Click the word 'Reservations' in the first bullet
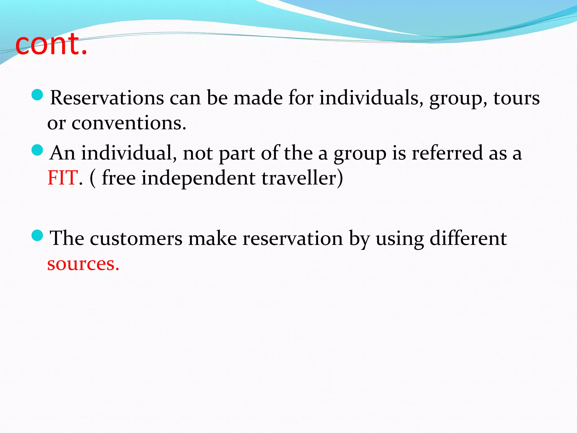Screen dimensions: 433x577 (107, 98)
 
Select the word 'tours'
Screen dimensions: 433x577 (516, 98)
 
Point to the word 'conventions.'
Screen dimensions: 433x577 (129, 123)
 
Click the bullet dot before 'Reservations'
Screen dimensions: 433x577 (37, 95)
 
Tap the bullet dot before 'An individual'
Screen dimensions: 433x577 (37, 150)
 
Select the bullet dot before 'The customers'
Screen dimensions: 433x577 (37, 235)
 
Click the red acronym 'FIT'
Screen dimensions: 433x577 (63, 178)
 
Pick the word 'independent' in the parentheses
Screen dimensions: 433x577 (198, 178)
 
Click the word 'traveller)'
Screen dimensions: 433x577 (302, 178)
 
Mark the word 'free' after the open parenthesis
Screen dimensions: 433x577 (119, 178)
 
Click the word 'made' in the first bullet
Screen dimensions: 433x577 (258, 98)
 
